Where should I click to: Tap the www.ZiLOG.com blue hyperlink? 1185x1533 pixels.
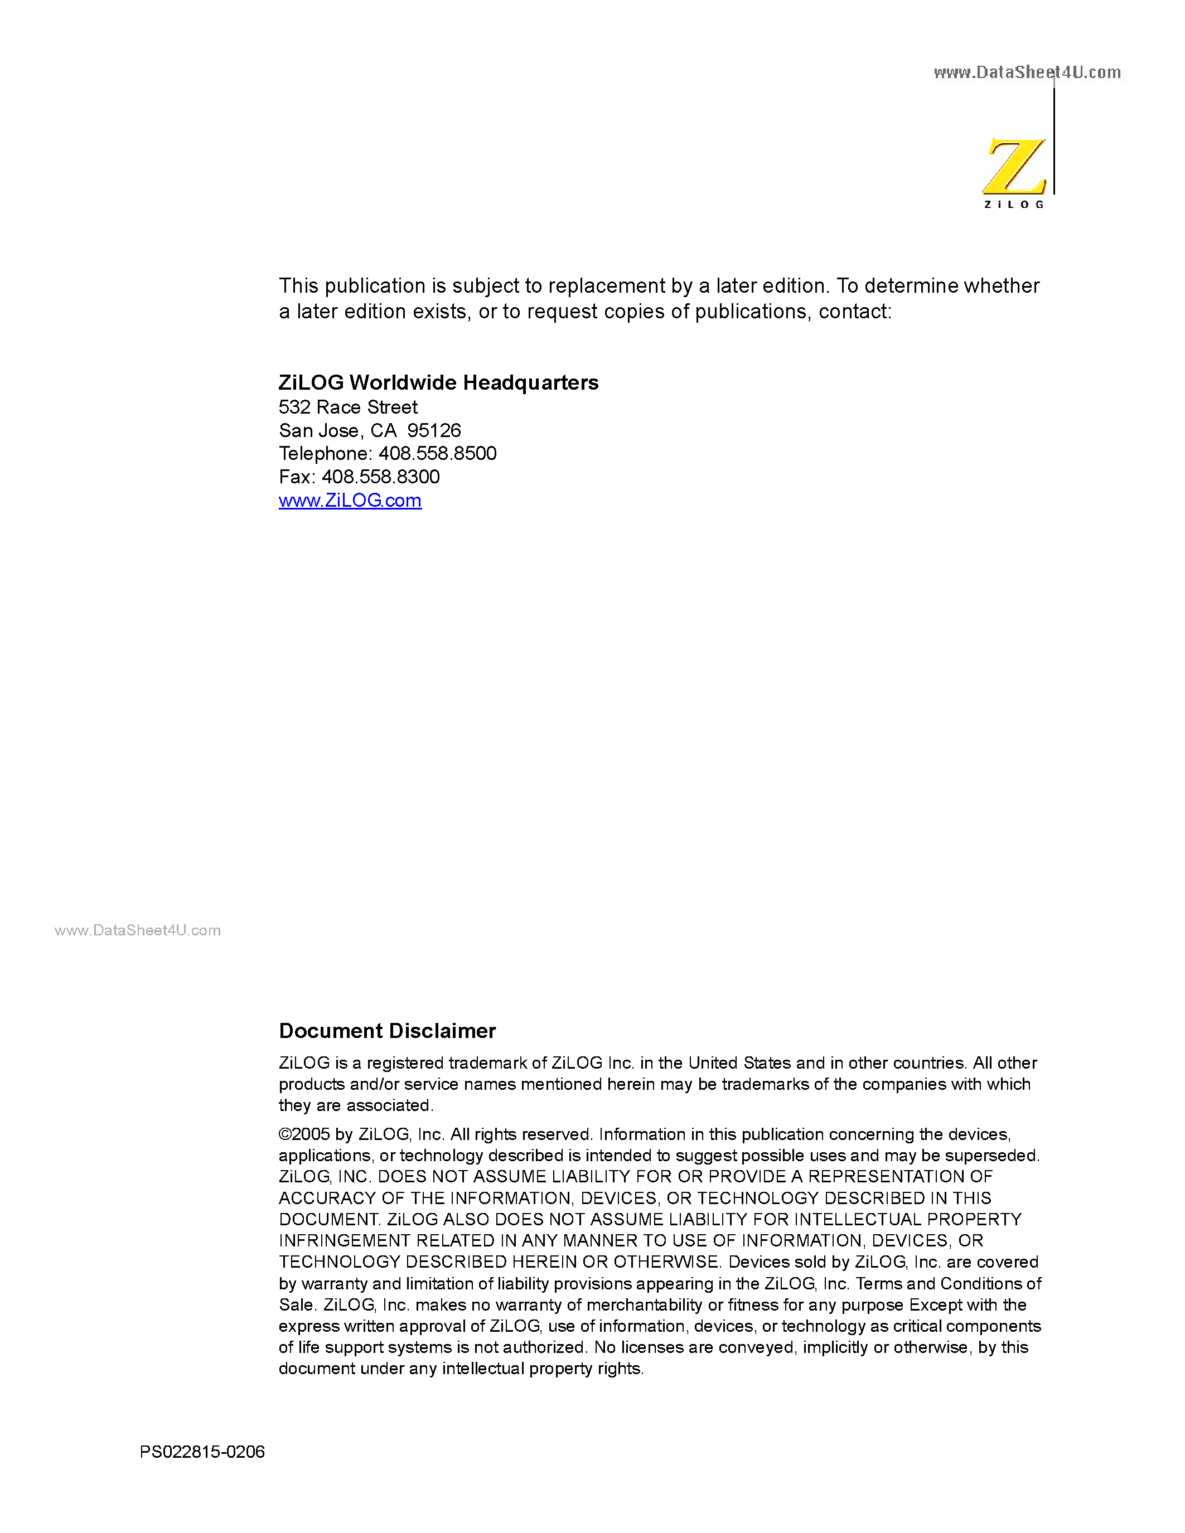pyautogui.click(x=350, y=501)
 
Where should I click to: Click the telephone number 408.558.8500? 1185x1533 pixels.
pyautogui.click(x=437, y=453)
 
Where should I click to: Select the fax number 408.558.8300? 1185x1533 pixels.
pyautogui.click(x=380, y=477)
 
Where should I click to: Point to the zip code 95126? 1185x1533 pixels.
pyautogui.click(x=434, y=430)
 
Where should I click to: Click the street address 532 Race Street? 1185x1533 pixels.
pyautogui.click(x=347, y=407)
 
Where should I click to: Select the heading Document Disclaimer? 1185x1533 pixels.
pyautogui.click(x=387, y=1030)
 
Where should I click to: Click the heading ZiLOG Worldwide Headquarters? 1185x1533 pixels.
pyautogui.click(x=438, y=382)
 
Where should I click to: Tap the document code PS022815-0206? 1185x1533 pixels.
pyautogui.click(x=202, y=1452)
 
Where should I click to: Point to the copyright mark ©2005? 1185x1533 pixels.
pyautogui.click(x=304, y=1134)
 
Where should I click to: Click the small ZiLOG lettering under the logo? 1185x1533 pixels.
pyautogui.click(x=1014, y=204)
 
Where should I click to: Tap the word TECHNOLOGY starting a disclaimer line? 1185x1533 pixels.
pyautogui.click(x=339, y=1262)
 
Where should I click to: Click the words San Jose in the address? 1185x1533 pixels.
pyautogui.click(x=318, y=430)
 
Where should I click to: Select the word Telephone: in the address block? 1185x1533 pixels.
pyautogui.click(x=325, y=453)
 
